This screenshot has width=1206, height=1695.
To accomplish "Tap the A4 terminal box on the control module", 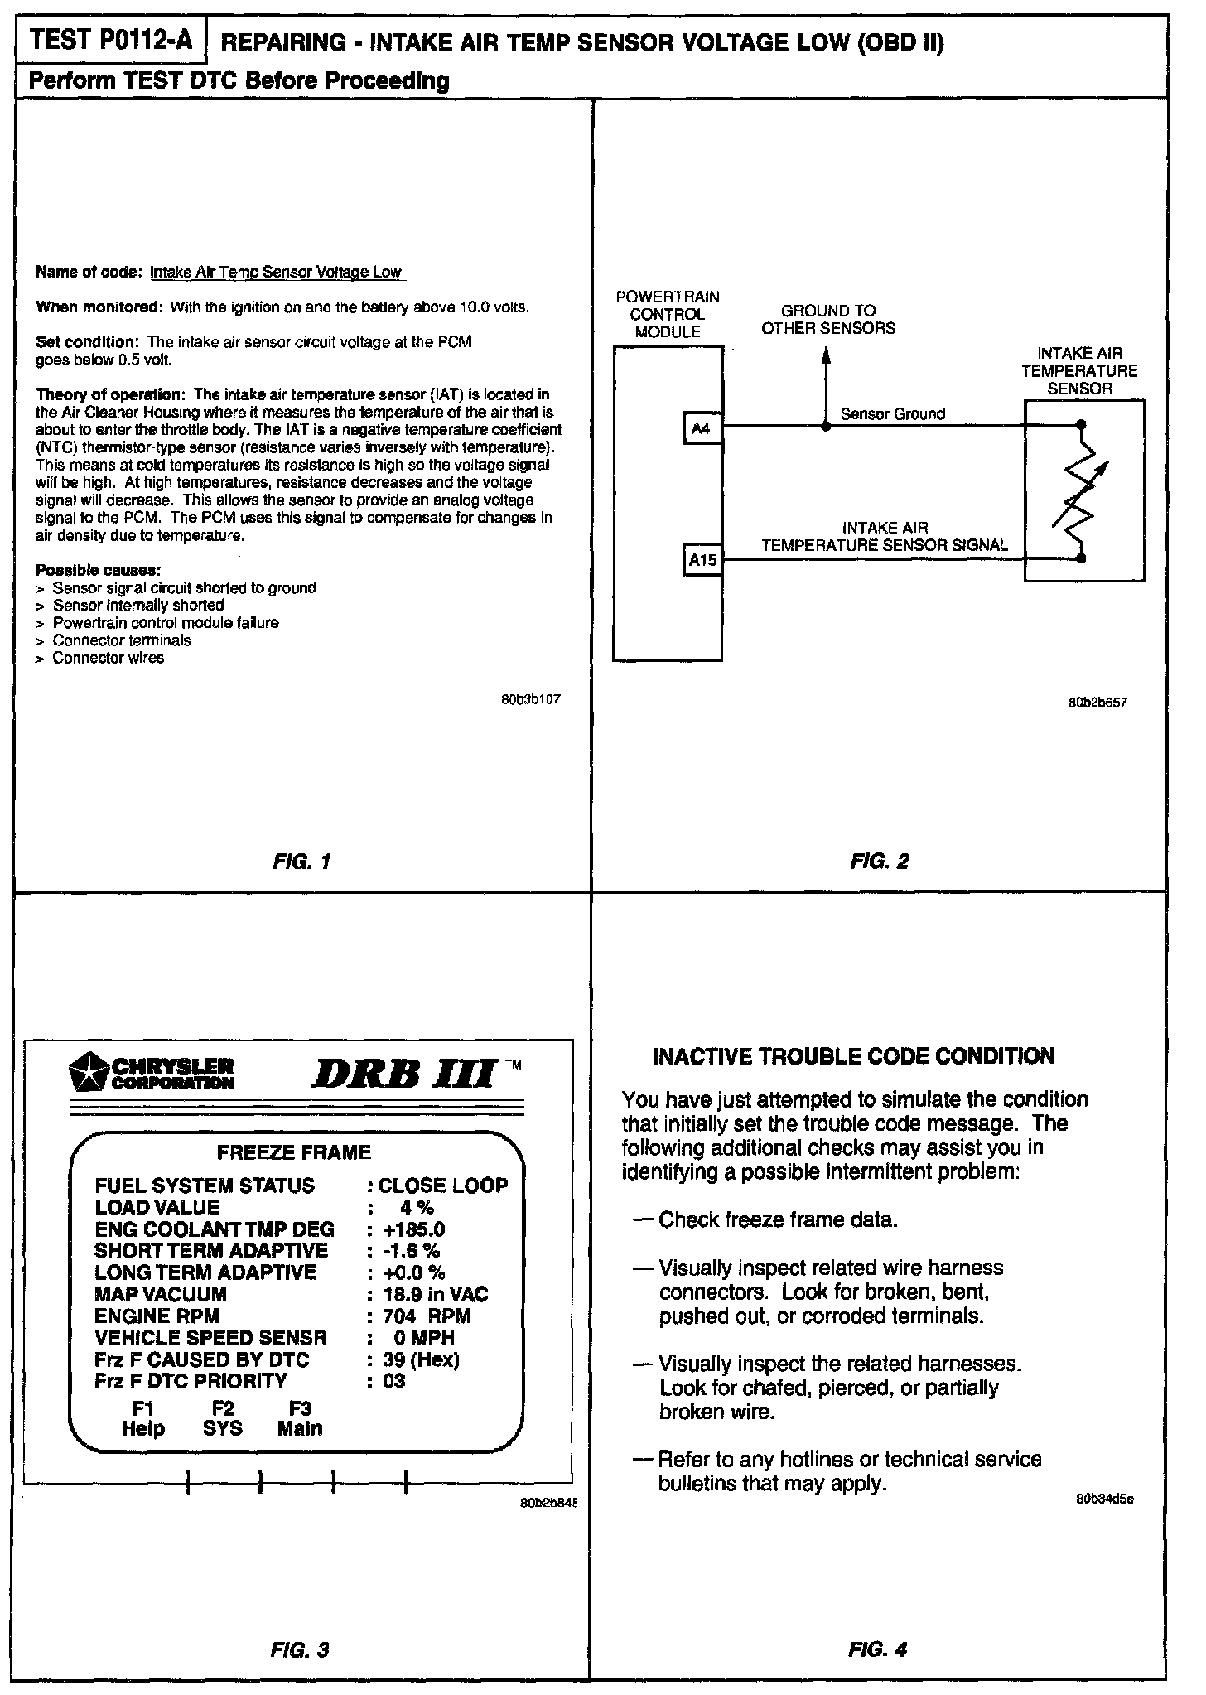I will [702, 428].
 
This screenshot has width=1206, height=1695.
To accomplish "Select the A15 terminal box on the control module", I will [702, 560].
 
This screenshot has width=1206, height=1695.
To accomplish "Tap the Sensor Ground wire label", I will [892, 413].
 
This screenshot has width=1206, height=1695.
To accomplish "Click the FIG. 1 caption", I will [301, 862].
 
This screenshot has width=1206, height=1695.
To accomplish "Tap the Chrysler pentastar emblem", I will [88, 1072].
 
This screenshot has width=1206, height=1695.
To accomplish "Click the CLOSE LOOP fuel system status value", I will [443, 1186].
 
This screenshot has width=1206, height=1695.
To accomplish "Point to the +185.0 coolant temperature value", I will [414, 1229].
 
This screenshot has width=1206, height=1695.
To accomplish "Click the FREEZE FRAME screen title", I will [294, 1152].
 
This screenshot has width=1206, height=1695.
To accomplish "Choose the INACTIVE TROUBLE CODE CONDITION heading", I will [854, 1056].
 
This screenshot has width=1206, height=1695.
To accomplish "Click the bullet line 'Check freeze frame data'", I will [777, 1220].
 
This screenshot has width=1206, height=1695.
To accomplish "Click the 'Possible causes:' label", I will [99, 571].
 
